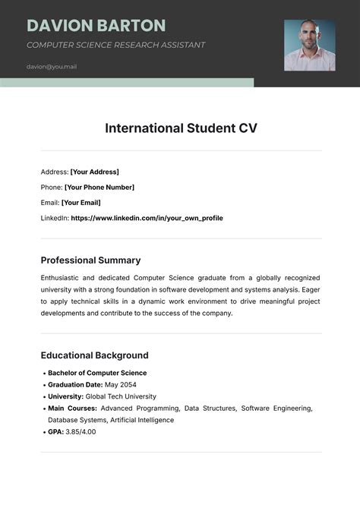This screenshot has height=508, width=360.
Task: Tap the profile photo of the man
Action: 309,46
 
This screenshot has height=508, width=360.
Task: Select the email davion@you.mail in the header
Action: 52,66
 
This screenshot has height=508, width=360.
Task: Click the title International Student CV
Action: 181,128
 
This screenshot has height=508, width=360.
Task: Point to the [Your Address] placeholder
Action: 95,172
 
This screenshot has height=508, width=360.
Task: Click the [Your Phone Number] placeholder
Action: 99,187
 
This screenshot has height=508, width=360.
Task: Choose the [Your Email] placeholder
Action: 81,203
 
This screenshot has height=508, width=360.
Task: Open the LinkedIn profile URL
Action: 147,218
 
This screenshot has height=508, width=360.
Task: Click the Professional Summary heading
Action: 90,260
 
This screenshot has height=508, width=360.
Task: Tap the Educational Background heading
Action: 94,355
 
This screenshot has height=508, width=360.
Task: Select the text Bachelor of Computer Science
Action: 97,373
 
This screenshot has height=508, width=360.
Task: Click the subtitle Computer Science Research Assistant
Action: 115,45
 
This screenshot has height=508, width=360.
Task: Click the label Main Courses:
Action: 72,408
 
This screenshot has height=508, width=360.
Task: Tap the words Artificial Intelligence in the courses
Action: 142,420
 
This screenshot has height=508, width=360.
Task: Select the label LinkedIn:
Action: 54,218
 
